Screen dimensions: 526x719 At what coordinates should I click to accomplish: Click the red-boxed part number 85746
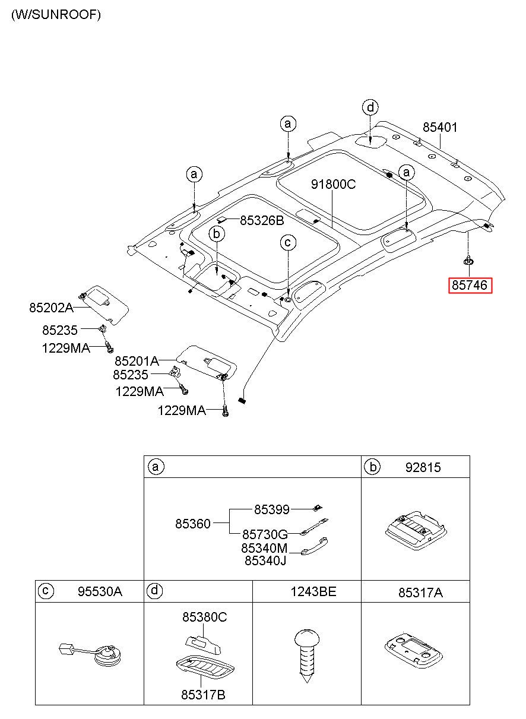470,285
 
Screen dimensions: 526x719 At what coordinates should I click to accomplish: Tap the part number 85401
440,127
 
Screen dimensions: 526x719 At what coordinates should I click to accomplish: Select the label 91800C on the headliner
334,184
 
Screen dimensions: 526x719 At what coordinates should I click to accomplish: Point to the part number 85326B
262,220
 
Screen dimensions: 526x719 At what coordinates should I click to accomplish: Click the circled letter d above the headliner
370,107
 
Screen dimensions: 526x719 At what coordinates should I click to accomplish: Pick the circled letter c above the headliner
288,243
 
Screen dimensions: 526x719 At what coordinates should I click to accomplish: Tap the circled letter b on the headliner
217,234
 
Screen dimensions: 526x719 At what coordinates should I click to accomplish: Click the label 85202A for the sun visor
51,308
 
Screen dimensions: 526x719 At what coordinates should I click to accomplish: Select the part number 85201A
137,362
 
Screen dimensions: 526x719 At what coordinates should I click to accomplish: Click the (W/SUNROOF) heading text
56,15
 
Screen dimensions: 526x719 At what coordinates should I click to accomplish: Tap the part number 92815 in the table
423,468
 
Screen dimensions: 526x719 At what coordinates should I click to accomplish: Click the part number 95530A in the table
100,591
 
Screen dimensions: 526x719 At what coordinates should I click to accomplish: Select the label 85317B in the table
203,695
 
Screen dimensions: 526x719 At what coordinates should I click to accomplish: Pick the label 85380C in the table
205,617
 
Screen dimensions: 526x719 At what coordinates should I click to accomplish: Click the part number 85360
192,524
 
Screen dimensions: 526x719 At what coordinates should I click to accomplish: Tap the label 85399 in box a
272,509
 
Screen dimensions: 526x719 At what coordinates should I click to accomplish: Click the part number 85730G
265,534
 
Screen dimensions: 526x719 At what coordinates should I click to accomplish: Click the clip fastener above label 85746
468,261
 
